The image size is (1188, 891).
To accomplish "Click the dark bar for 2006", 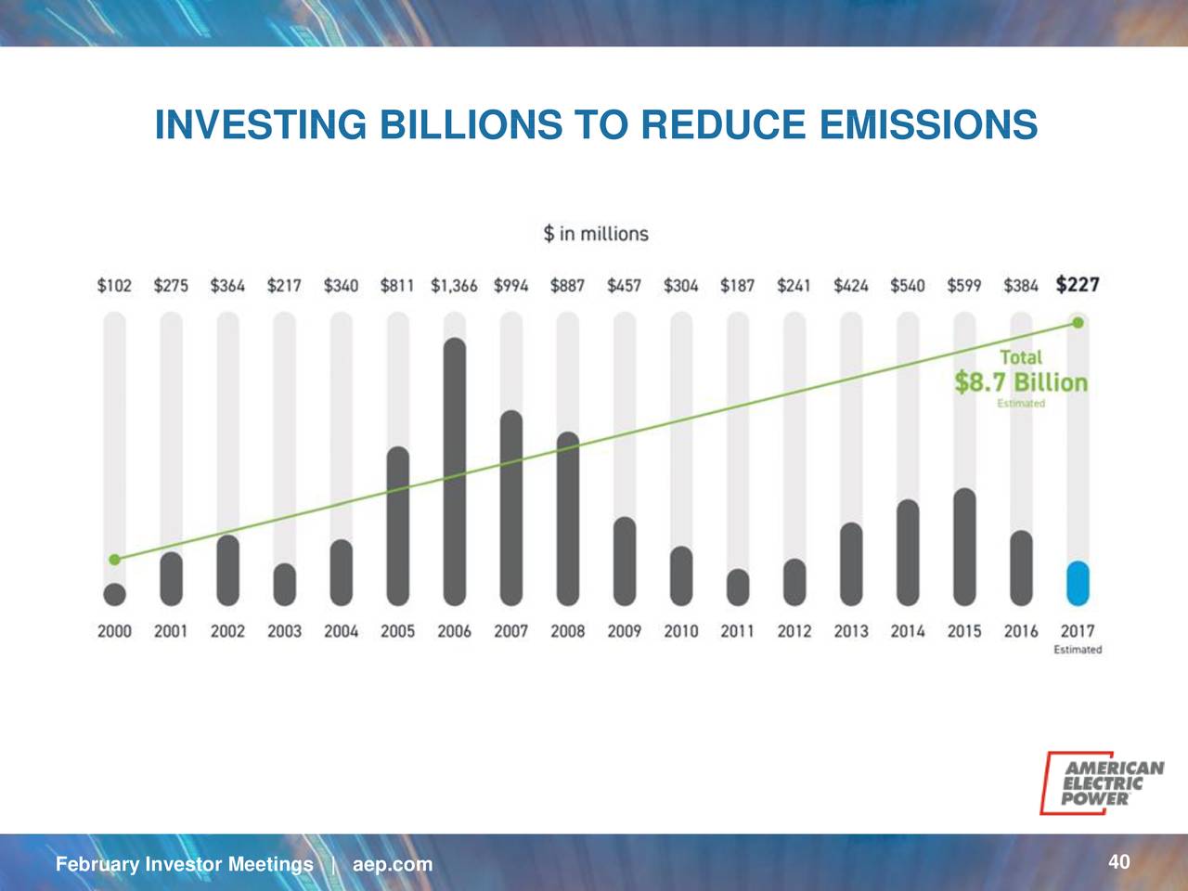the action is (x=454, y=471).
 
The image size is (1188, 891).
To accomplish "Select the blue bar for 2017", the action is (x=1078, y=583).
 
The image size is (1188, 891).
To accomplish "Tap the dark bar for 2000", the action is (x=115, y=594).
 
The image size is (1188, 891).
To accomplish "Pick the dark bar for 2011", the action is (x=738, y=587).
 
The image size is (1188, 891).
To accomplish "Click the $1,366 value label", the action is (x=454, y=285).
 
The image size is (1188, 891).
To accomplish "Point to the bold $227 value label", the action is (x=1078, y=285).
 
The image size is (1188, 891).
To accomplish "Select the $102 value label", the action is (x=114, y=285).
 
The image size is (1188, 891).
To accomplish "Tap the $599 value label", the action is (x=964, y=285).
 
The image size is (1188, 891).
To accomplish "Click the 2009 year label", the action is (x=624, y=631).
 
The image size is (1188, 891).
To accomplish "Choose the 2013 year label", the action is (x=851, y=631).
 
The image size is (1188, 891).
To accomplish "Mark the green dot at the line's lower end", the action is (x=115, y=560).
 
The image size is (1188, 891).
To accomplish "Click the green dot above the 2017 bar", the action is (x=1078, y=323).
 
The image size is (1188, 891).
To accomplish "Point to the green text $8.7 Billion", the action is (x=1021, y=382).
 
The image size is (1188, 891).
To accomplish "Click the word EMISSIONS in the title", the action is (x=929, y=124).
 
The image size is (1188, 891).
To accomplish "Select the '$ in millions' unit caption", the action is (x=596, y=234).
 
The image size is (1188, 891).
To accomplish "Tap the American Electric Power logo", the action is (x=1102, y=782).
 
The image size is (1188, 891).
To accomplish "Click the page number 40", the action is (x=1118, y=861).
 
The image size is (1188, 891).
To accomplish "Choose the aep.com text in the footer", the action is (x=393, y=864).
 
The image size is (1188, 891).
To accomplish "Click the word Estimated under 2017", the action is (x=1078, y=649).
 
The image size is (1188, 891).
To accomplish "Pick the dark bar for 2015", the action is (x=964, y=547).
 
